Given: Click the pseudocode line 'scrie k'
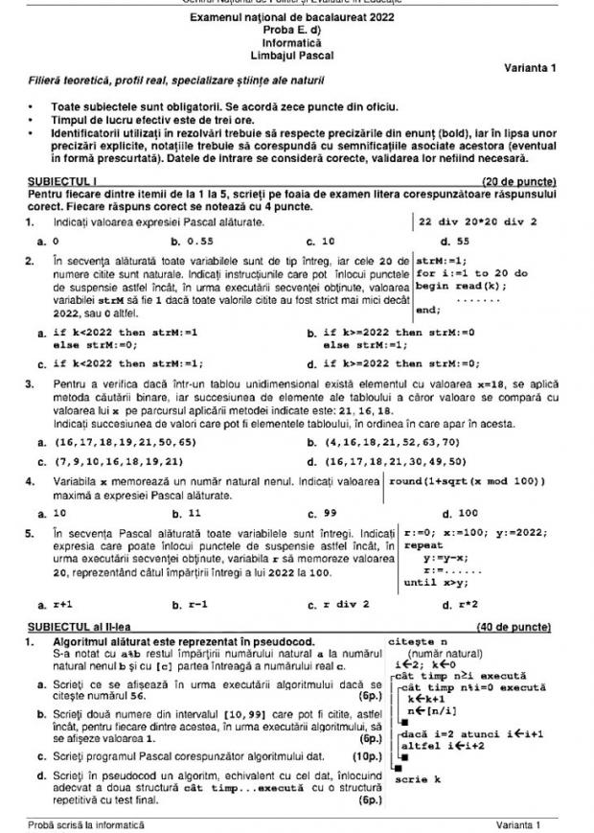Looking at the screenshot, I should click(x=418, y=779).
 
